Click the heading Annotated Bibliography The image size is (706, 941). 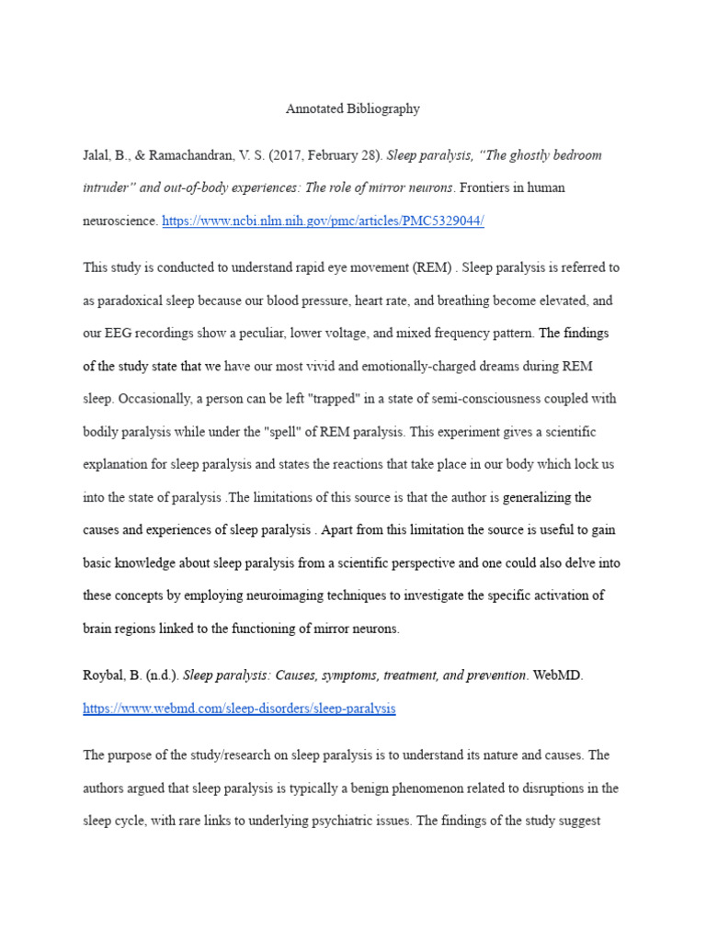pyautogui.click(x=353, y=108)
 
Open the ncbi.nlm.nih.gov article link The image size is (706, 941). pyautogui.click(x=323, y=221)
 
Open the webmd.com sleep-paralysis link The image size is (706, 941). pyautogui.click(x=239, y=709)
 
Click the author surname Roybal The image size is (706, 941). pyautogui.click(x=103, y=676)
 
